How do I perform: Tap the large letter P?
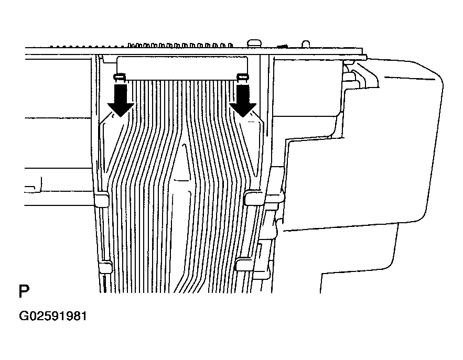24,291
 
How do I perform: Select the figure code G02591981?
53,316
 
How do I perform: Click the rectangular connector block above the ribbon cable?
182,68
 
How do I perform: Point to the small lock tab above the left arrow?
120,78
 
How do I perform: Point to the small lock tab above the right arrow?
243,78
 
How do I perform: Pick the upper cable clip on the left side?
102,199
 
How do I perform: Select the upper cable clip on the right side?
254,198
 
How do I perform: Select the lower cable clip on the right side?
244,264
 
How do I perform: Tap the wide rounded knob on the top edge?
254,43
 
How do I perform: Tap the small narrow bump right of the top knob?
306,44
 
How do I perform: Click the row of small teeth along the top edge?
180,46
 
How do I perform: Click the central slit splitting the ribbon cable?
185,219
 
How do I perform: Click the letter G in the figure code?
24,316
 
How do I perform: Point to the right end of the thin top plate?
367,57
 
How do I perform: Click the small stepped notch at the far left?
33,185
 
